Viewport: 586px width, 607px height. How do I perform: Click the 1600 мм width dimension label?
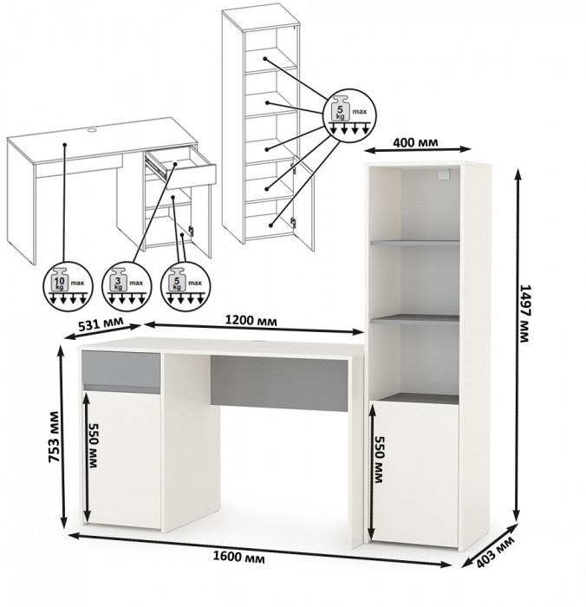tap(238, 557)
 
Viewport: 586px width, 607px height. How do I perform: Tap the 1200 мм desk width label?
tap(251, 320)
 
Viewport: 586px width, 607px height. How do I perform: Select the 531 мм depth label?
tap(101, 323)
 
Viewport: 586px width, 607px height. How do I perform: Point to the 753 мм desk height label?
tap(54, 437)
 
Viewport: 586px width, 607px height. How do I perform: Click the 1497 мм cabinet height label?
tap(524, 314)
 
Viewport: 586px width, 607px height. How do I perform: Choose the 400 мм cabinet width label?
tap(416, 142)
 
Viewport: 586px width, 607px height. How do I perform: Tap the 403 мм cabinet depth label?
tap(496, 552)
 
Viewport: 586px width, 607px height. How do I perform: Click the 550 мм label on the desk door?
tap(94, 445)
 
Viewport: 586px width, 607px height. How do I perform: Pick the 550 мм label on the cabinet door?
tap(380, 460)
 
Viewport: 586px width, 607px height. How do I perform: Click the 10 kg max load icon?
tap(68, 285)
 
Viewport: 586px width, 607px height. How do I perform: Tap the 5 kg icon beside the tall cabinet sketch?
tap(349, 115)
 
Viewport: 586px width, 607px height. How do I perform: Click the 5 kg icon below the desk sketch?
tap(186, 285)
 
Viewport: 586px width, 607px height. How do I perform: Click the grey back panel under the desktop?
tap(278, 383)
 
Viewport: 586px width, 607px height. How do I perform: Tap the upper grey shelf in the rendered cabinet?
tap(415, 243)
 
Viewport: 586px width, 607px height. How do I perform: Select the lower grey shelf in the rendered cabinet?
tap(415, 319)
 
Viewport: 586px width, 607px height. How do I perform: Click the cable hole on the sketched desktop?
tap(92, 130)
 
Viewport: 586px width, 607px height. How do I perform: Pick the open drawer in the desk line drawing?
tap(181, 166)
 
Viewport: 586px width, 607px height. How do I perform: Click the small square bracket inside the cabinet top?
tap(444, 174)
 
